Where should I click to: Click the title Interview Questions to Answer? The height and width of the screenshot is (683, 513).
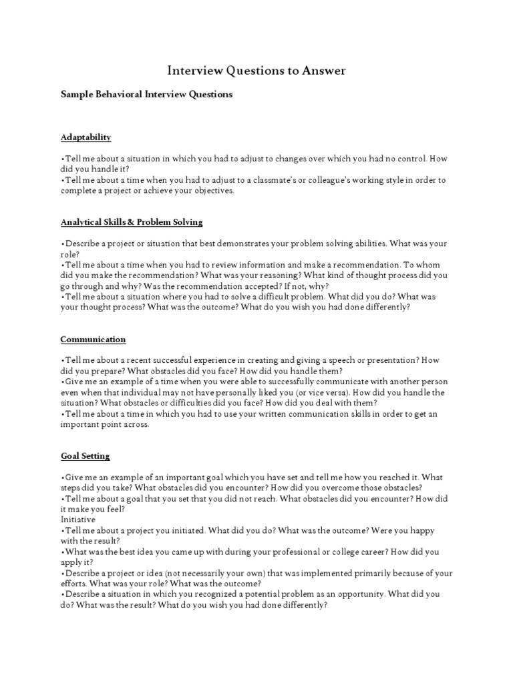click(256, 71)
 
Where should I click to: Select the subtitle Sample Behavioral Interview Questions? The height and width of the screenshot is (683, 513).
click(147, 94)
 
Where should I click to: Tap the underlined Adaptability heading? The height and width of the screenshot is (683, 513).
click(85, 137)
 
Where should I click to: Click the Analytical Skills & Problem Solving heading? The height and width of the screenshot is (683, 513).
click(132, 221)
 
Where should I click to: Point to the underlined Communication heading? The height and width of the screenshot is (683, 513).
click(93, 339)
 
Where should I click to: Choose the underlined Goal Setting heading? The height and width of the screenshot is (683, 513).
click(85, 456)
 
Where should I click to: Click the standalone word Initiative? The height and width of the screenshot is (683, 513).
click(78, 519)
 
